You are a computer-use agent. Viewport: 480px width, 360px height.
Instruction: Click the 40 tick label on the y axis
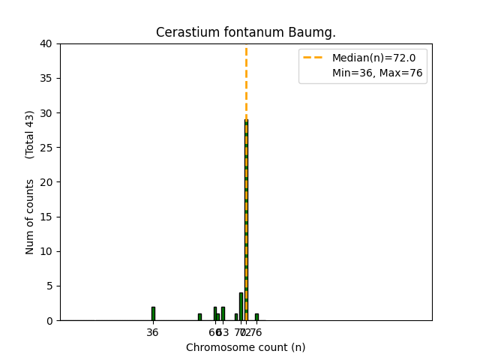[x=47, y=43]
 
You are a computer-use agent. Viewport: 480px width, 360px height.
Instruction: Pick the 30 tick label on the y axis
[x=47, y=113]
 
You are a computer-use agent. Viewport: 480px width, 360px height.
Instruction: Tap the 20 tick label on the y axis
[x=47, y=182]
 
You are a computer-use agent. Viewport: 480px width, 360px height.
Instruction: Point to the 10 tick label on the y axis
[x=47, y=251]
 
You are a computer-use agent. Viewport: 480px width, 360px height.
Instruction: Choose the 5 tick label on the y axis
[x=49, y=286]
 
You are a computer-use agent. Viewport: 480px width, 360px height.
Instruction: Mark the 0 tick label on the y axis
[x=49, y=320]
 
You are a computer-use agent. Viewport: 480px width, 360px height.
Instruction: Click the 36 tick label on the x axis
[x=153, y=332]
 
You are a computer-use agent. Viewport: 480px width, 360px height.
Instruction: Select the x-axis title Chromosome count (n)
[x=246, y=347]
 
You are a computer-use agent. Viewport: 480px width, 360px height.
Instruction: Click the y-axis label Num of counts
[x=31, y=216]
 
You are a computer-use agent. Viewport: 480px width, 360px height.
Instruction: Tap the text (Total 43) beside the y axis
[x=31, y=134]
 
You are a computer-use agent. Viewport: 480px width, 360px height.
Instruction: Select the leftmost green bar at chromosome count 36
[x=153, y=313]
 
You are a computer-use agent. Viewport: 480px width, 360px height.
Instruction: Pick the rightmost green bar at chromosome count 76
[x=256, y=317]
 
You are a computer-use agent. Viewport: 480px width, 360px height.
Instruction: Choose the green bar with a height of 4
[x=241, y=307]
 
